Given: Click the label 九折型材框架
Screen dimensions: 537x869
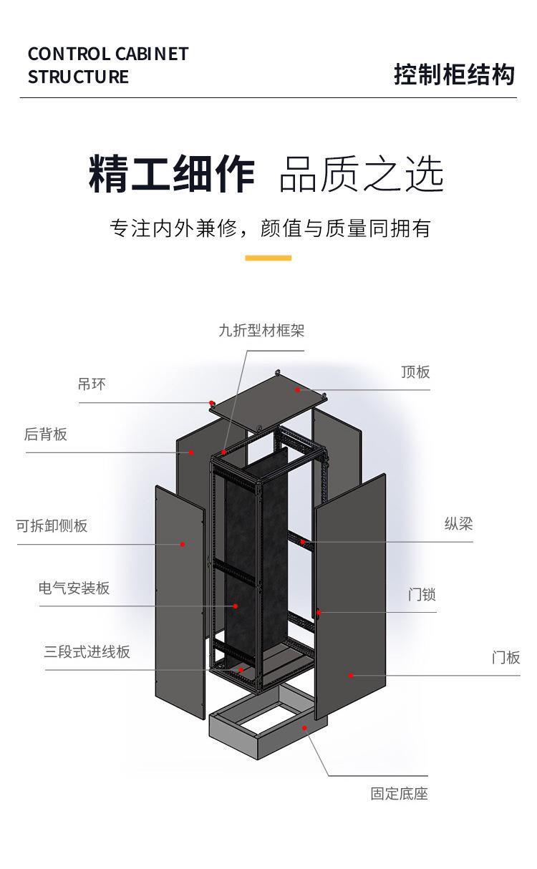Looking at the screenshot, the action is click(x=261, y=331).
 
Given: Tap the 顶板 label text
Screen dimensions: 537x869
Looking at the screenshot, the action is click(x=415, y=372).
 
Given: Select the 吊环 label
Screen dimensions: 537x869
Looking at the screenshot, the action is click(x=92, y=384).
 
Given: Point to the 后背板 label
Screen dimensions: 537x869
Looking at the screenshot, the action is click(x=46, y=434).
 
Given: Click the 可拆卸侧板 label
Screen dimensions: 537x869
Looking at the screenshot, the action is click(x=52, y=526).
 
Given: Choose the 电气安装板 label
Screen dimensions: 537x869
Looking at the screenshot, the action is click(x=74, y=588).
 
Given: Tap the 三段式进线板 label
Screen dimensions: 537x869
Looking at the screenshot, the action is click(x=87, y=651).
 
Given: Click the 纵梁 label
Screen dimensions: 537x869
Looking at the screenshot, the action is click(x=459, y=524).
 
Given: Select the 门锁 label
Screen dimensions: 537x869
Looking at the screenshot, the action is click(x=422, y=594).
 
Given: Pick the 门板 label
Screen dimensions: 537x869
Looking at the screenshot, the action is click(x=506, y=658).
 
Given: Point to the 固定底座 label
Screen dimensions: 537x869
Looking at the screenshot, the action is click(x=400, y=794).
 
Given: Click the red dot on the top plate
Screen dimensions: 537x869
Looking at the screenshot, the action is click(x=298, y=389).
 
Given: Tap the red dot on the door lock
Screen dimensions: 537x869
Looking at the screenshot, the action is click(x=319, y=613).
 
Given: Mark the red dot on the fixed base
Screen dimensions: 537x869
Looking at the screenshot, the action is click(x=304, y=728).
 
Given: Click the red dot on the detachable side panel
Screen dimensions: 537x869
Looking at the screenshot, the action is click(x=183, y=544).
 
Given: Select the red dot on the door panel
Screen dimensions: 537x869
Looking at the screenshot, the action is click(x=351, y=676).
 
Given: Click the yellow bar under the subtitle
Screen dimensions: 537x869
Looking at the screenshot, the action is click(x=268, y=258).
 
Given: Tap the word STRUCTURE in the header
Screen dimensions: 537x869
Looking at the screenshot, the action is click(x=78, y=77).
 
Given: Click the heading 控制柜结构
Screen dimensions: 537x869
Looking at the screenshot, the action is click(x=455, y=74).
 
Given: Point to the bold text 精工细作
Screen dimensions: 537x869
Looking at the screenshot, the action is click(x=172, y=173).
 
